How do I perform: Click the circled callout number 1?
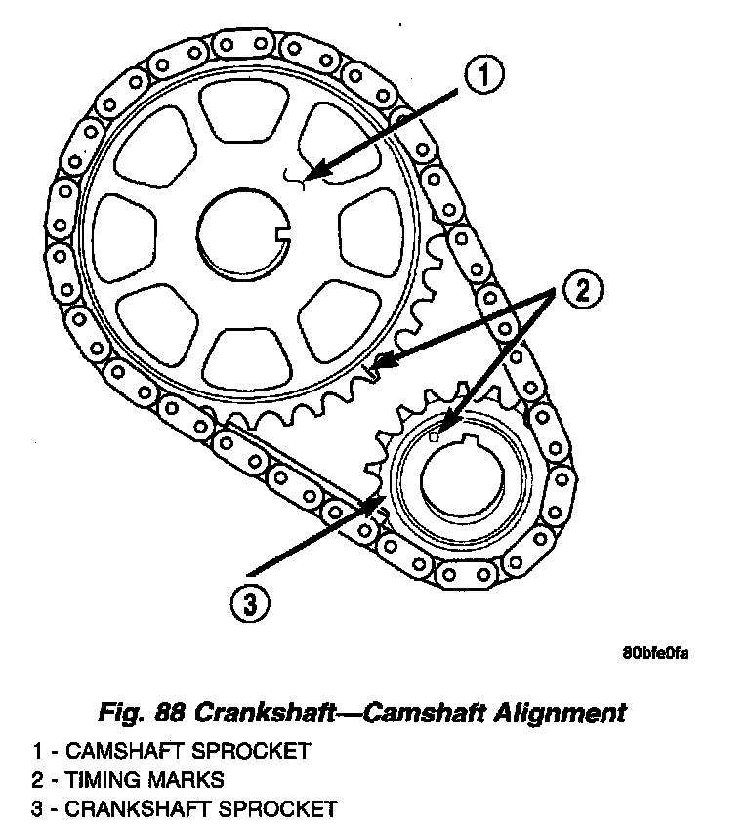pyautogui.click(x=484, y=76)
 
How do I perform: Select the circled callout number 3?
pyautogui.click(x=250, y=602)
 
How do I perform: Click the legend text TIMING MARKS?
pyautogui.click(x=143, y=779)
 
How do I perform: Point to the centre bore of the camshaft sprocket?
pyautogui.click(x=239, y=234)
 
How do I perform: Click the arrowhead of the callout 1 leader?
pyautogui.click(x=310, y=177)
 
